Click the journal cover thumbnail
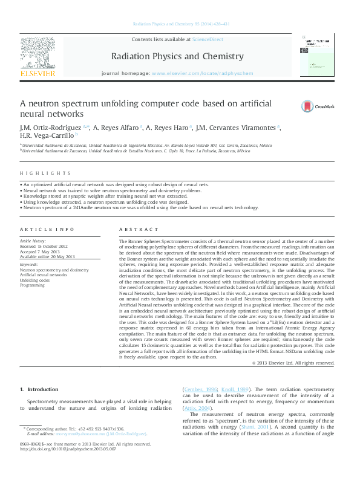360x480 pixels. (317, 55)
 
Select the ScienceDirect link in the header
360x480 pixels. (208, 39)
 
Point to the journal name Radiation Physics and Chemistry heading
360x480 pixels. (177, 57)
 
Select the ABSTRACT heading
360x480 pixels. (134, 230)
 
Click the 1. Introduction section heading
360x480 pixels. (39, 389)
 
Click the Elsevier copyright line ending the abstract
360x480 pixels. (292, 363)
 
